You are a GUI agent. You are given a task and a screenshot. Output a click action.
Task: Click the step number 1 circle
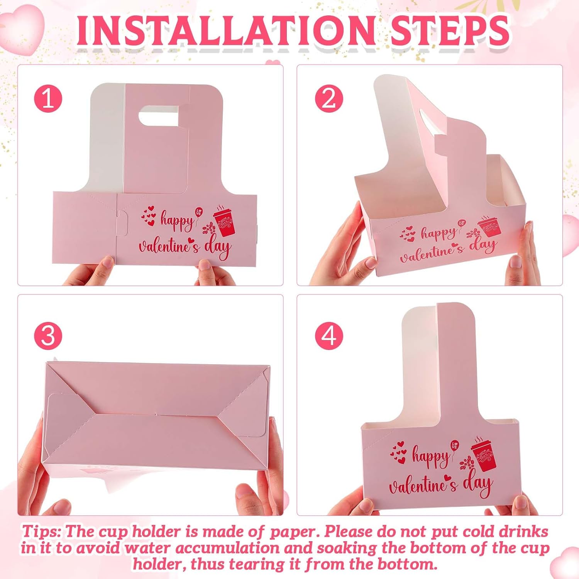(48, 98)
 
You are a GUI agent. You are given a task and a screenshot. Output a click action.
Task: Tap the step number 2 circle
(329, 98)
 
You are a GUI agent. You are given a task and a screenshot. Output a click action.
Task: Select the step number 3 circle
(48, 335)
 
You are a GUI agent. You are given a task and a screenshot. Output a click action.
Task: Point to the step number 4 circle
(329, 335)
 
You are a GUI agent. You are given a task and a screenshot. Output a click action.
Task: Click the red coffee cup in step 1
(225, 222)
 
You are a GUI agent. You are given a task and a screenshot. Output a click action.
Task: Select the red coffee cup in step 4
(483, 455)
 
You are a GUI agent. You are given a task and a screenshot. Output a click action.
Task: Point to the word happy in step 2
(438, 234)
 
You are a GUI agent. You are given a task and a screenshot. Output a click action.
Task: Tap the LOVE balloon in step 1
(198, 212)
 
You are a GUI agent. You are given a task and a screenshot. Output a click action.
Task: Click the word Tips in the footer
(41, 532)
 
